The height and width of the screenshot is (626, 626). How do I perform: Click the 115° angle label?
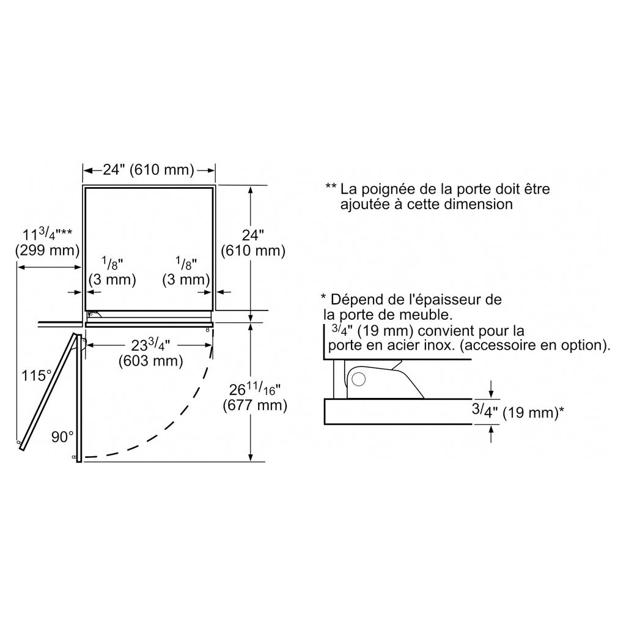(36, 376)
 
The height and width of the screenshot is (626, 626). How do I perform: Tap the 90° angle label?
(62, 437)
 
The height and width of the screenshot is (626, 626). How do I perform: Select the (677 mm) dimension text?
(255, 405)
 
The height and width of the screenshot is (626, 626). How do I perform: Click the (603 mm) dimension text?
(151, 361)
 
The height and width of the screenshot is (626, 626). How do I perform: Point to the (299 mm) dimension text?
(48, 250)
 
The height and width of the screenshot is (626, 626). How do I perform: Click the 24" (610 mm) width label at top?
(149, 170)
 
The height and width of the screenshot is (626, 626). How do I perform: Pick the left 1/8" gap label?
(112, 263)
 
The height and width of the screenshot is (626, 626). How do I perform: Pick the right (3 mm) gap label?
(186, 279)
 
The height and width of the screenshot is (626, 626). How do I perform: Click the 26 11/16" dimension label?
(255, 389)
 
